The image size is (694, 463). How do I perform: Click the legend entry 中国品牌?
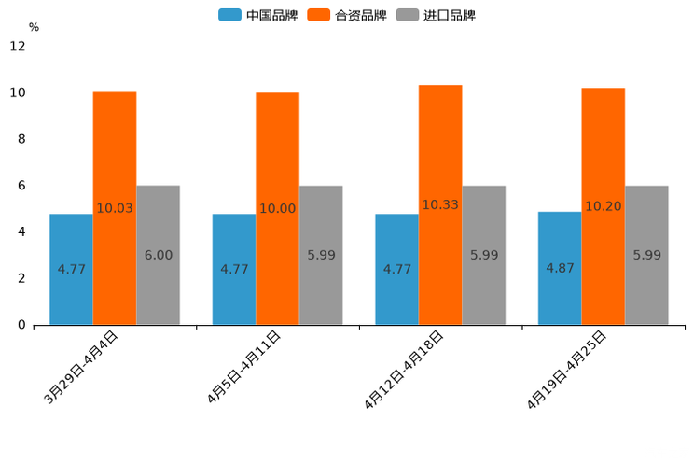click(x=258, y=15)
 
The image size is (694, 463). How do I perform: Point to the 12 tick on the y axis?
click(x=18, y=47)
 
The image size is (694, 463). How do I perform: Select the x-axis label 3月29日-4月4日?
click(x=82, y=367)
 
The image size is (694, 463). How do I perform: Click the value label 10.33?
click(x=440, y=204)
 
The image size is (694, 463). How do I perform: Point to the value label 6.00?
click(x=159, y=255)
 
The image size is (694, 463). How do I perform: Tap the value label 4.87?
click(x=560, y=268)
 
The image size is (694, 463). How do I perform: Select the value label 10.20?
click(x=604, y=206)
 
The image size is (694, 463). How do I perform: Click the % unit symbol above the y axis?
click(x=34, y=27)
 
